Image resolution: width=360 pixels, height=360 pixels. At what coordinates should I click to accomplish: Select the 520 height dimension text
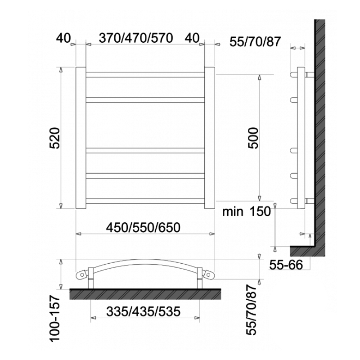tap(54, 138)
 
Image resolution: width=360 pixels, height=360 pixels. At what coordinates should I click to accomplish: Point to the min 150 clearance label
tap(247, 211)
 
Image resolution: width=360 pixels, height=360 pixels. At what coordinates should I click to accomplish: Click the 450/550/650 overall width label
tap(145, 227)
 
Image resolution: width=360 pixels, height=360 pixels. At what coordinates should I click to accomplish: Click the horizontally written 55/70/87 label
tap(255, 42)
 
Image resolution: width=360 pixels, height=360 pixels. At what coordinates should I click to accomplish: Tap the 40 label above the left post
tap(63, 38)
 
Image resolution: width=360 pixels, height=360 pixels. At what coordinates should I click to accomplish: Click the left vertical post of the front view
tap(80, 138)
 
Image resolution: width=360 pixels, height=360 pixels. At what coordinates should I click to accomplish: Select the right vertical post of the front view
tap(210, 138)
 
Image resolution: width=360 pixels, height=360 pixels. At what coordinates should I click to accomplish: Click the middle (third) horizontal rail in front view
tap(145, 150)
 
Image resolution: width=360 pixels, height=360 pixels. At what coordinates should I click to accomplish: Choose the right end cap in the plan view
tap(208, 273)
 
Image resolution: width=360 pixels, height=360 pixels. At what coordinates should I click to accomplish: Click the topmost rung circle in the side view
tap(294, 73)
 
